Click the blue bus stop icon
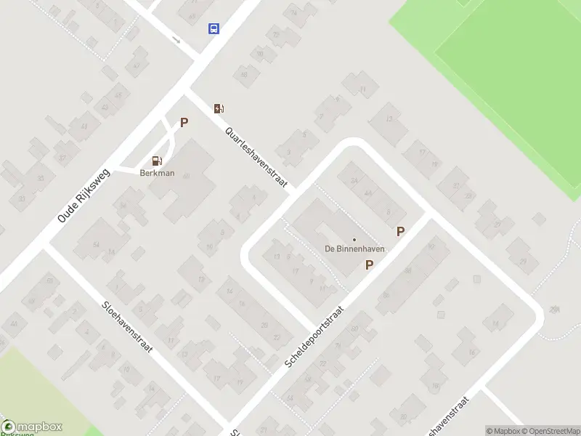tap(214, 28)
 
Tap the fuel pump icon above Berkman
tap(156, 161)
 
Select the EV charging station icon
tap(219, 108)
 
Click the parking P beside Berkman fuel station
tap(184, 123)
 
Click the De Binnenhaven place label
tap(354, 249)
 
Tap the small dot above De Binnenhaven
tap(354, 240)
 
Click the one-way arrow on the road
tap(176, 39)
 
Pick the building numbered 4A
tap(367, 193)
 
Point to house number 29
tap(523, 262)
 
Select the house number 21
tap(457, 185)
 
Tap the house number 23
tap(468, 196)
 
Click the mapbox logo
tap(32, 427)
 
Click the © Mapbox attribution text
tap(503, 431)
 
